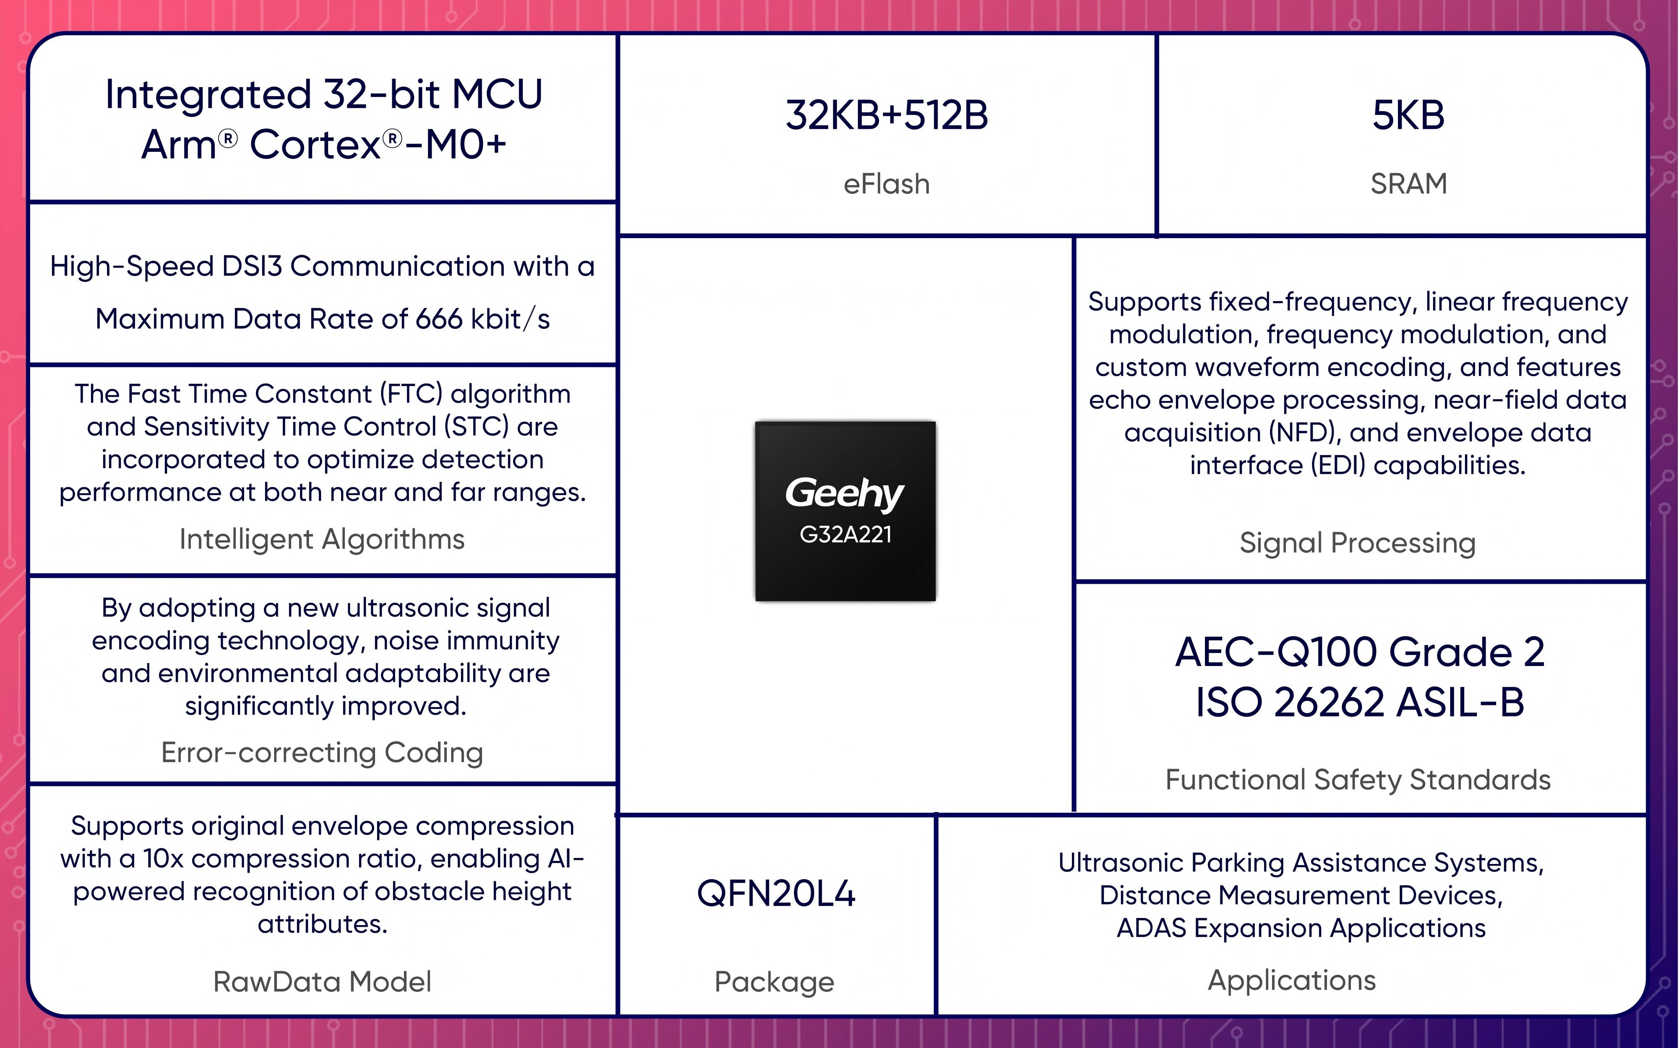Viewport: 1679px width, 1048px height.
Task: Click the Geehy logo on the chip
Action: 845,494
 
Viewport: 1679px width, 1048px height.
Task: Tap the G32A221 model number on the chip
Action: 845,534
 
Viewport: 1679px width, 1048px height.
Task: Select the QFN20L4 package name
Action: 776,893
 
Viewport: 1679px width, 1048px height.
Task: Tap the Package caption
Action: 774,982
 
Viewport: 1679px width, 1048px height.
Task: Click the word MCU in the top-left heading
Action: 497,94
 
